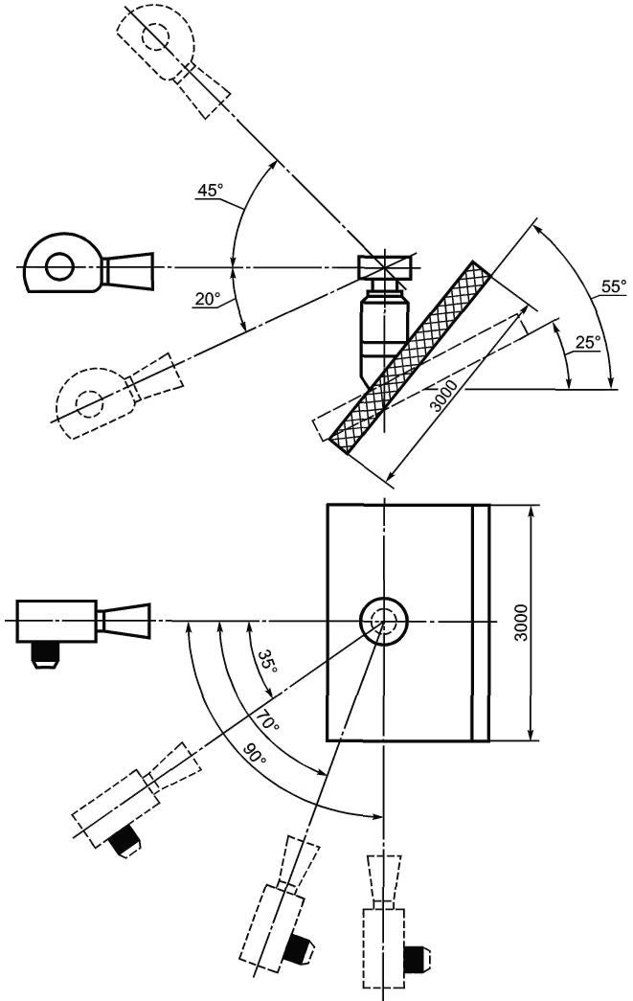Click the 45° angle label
[x=210, y=191]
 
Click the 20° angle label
[x=208, y=298]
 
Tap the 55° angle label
[x=614, y=286]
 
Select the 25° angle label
[x=588, y=342]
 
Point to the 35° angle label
[x=268, y=662]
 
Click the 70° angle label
[x=267, y=720]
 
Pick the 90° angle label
[x=254, y=754]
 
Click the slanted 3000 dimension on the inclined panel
[x=443, y=396]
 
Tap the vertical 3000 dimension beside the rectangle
[x=521, y=623]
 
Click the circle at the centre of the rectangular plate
[x=383, y=622]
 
